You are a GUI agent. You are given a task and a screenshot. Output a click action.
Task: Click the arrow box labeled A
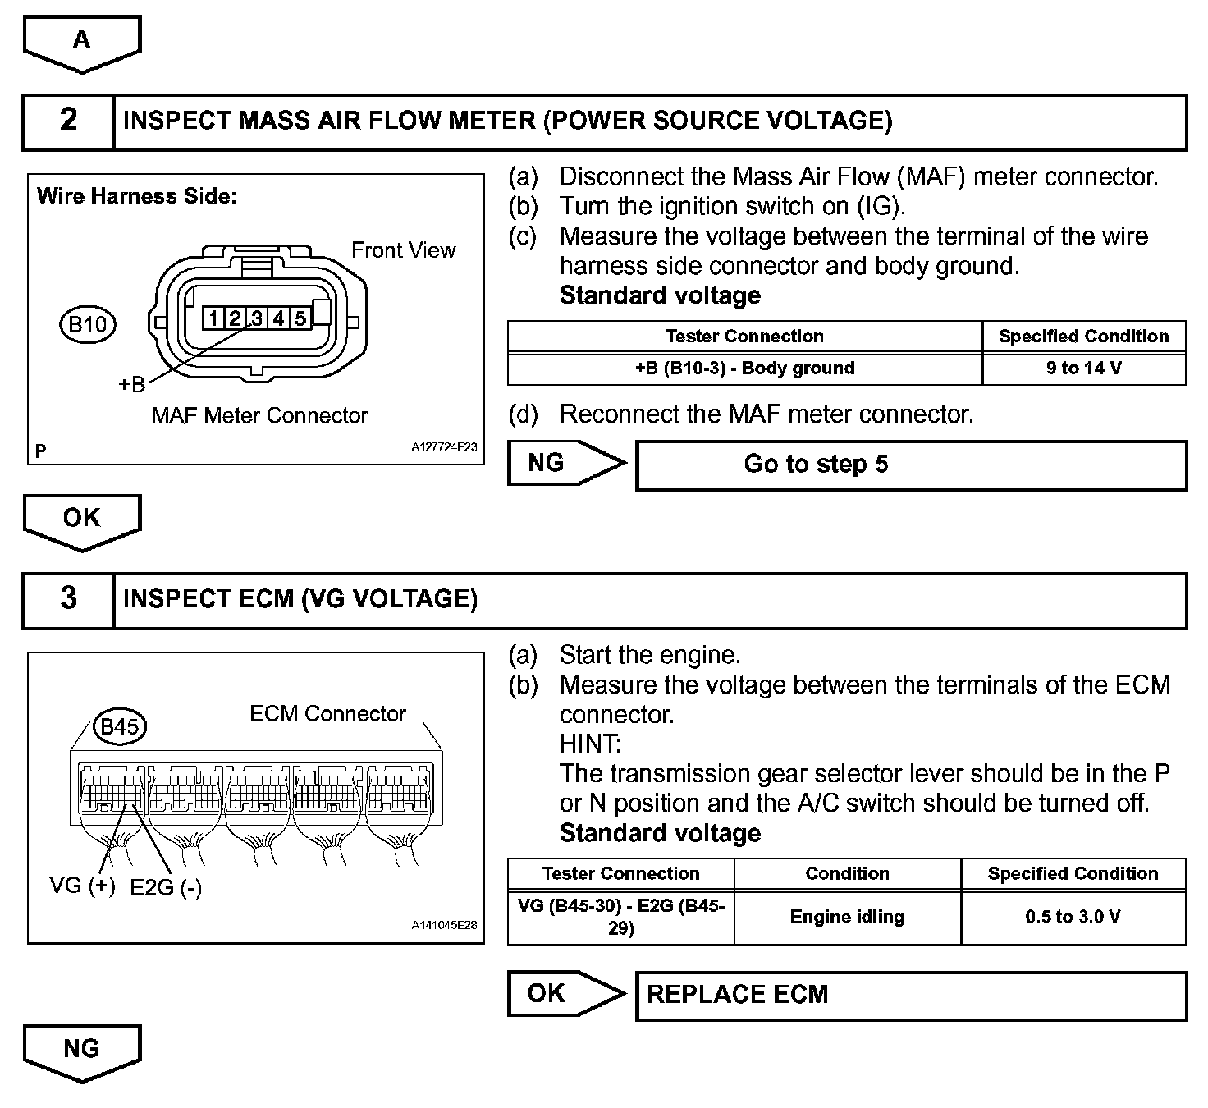tap(81, 41)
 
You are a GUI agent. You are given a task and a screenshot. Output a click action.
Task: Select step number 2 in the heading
tap(68, 121)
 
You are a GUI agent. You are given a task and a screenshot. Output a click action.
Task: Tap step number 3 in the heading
tap(68, 598)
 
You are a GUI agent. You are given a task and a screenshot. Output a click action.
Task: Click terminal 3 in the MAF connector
tap(256, 318)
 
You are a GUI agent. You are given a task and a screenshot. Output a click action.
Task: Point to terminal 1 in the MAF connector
tap(213, 318)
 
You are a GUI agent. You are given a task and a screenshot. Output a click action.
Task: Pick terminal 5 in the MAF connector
tap(300, 318)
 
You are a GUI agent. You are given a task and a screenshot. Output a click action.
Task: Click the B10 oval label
tap(87, 324)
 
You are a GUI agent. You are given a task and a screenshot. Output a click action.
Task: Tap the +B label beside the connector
tap(131, 384)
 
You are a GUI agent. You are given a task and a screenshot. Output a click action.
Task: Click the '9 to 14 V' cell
tap(1083, 369)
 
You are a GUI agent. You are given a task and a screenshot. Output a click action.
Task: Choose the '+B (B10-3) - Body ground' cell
tap(744, 369)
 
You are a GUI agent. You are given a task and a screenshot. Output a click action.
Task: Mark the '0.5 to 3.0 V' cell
tap(1073, 917)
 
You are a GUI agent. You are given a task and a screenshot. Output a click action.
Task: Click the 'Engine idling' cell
tap(847, 917)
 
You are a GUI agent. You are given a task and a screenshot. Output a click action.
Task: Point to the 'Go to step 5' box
tap(911, 465)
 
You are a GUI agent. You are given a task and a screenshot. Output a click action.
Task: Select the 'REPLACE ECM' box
tap(911, 995)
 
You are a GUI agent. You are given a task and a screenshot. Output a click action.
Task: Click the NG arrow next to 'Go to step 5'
tap(565, 464)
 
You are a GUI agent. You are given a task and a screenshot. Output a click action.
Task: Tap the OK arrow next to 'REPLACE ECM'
tap(565, 994)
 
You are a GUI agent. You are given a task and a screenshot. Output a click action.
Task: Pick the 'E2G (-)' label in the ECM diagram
tap(166, 887)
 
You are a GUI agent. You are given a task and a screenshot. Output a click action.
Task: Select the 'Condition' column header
tap(847, 873)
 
